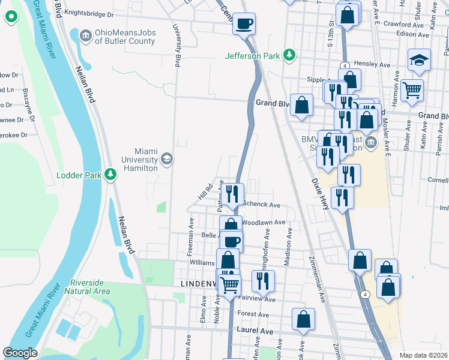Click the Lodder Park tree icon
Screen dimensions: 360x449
(110, 175)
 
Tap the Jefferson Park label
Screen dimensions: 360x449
(253, 56)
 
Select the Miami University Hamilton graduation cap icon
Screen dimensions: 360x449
(167, 159)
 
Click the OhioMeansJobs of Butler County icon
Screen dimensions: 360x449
(85, 37)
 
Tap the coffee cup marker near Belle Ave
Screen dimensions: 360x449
(231, 241)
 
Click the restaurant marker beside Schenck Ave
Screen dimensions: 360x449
(233, 194)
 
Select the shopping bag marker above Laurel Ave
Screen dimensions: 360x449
(303, 319)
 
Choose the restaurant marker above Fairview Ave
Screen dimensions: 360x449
(263, 280)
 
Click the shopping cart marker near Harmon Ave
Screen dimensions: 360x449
(412, 90)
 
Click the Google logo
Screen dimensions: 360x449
(20, 352)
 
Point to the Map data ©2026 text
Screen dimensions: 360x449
(423, 355)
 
